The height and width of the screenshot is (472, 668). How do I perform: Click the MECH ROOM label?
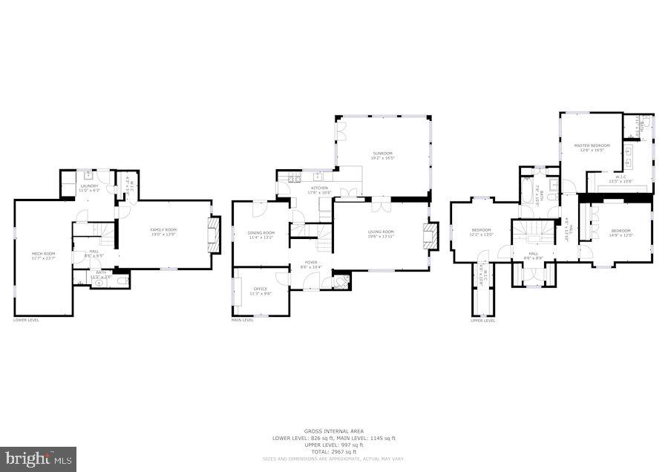click(x=43, y=254)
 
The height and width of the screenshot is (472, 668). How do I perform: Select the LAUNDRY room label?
click(x=89, y=186)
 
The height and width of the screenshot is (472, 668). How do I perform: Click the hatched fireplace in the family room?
click(x=215, y=235)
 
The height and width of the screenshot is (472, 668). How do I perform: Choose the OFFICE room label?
click(x=260, y=289)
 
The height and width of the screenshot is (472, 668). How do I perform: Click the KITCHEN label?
click(x=319, y=188)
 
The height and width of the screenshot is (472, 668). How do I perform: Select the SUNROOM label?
click(x=383, y=154)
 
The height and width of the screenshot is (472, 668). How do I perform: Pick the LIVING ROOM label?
click(x=381, y=232)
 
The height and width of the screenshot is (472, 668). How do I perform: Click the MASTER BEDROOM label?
click(x=592, y=145)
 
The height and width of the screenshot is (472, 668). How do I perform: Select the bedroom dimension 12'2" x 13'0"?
click(x=481, y=235)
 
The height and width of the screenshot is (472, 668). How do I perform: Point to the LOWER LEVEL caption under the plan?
click(x=26, y=320)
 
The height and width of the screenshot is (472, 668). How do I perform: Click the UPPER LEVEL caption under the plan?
click(x=482, y=321)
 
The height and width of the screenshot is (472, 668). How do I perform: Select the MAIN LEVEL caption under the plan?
click(x=243, y=320)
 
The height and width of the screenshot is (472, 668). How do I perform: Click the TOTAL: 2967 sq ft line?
click(x=333, y=451)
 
